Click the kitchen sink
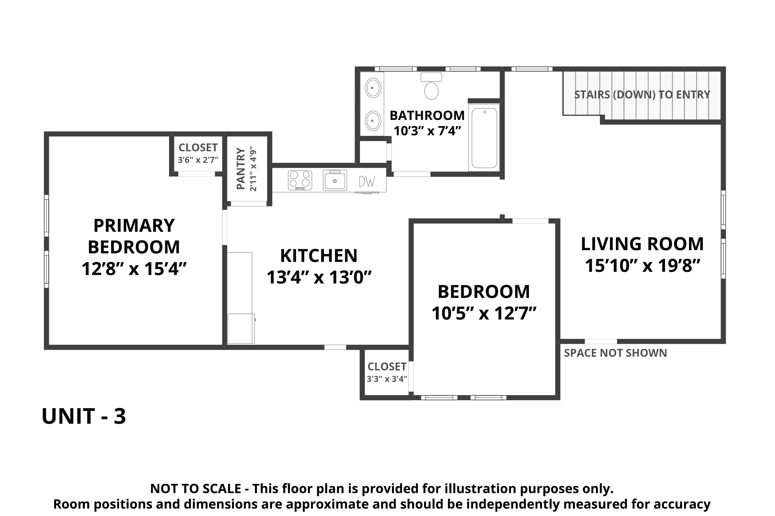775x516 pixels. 335,180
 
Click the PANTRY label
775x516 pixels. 241,169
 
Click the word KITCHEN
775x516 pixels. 319,256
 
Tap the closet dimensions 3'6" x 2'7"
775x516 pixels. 198,160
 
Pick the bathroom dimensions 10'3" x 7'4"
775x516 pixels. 427,131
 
